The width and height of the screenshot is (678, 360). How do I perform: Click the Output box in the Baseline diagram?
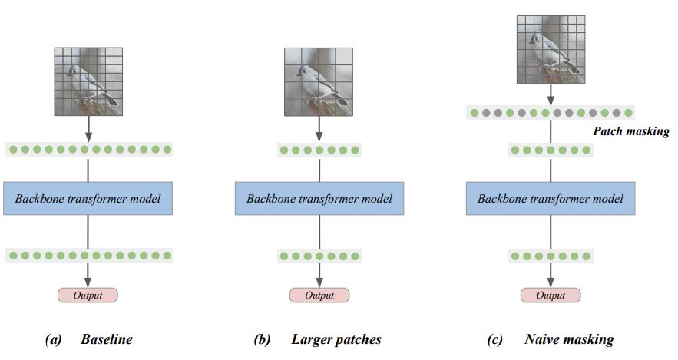(88, 295)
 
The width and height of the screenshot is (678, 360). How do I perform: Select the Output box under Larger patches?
(319, 295)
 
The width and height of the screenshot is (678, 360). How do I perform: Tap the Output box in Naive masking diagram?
(551, 295)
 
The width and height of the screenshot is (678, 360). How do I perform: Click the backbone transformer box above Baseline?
(88, 199)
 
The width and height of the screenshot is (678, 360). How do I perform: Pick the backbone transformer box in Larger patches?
(319, 199)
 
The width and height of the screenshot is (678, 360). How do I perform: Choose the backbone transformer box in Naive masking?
(551, 199)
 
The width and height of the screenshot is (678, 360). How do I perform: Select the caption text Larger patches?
(336, 339)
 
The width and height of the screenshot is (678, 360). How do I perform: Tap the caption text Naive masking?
(569, 339)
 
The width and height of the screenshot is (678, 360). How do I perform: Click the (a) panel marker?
(54, 339)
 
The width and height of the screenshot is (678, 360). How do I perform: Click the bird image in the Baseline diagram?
(88, 81)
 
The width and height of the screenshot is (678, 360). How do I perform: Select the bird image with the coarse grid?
(319, 81)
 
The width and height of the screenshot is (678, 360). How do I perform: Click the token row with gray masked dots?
(551, 113)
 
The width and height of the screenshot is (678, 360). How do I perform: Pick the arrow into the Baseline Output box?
(88, 274)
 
